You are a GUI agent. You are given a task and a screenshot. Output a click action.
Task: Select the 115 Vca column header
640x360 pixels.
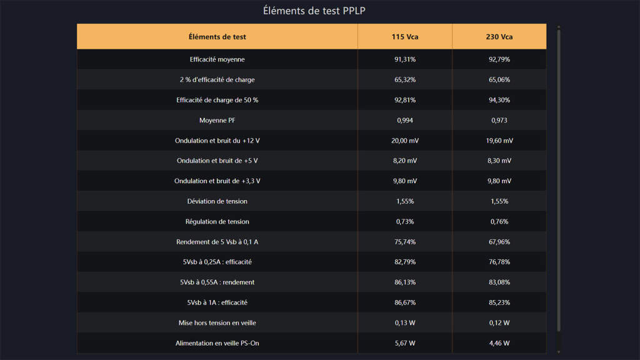pyautogui.click(x=405, y=37)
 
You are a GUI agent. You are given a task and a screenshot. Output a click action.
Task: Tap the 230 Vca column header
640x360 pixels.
pyautogui.click(x=499, y=37)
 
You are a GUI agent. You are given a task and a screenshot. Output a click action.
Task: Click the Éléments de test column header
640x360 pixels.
pyautogui.click(x=217, y=37)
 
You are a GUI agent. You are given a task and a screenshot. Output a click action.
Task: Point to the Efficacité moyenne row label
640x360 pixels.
pyautogui.click(x=217, y=59)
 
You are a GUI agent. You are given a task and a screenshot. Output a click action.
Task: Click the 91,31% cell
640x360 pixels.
pyautogui.click(x=405, y=59)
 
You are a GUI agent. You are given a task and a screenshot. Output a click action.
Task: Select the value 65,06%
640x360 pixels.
pyautogui.click(x=499, y=80)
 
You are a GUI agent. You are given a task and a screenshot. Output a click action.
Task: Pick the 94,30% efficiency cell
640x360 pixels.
pyautogui.click(x=499, y=100)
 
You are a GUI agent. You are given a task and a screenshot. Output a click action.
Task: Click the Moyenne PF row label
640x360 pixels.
pyautogui.click(x=217, y=120)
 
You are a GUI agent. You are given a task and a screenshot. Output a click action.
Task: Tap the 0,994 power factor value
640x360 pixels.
pyautogui.click(x=405, y=120)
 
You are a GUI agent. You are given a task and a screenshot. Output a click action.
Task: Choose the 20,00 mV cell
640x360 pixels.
pyautogui.click(x=405, y=141)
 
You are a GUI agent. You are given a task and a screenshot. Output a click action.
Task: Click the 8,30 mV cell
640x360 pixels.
pyautogui.click(x=499, y=161)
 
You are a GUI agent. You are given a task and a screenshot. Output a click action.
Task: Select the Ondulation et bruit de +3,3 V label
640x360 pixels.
pyautogui.click(x=217, y=181)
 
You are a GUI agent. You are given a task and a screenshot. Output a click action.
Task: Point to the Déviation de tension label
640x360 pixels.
pyautogui.click(x=217, y=201)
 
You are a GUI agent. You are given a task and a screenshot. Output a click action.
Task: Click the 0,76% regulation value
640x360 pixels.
pyautogui.click(x=499, y=221)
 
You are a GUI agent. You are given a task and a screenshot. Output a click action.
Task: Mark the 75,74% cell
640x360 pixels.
pyautogui.click(x=405, y=242)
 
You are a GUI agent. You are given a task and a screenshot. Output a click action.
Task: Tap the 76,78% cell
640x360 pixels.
pyautogui.click(x=499, y=262)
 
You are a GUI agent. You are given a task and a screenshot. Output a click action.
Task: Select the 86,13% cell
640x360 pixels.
pyautogui.click(x=405, y=282)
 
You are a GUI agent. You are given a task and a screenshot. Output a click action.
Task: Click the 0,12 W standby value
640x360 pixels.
pyautogui.click(x=499, y=322)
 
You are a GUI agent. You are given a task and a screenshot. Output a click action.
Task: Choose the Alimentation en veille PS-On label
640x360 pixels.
pyautogui.click(x=217, y=343)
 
